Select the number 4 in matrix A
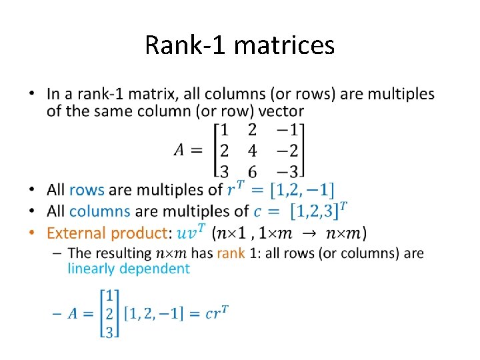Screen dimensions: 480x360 pos(252,149)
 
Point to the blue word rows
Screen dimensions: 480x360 pos(87,190)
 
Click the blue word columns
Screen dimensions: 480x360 pos(99,211)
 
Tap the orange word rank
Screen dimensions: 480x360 pos(231,253)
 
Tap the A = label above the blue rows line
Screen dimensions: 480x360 pos(188,149)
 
